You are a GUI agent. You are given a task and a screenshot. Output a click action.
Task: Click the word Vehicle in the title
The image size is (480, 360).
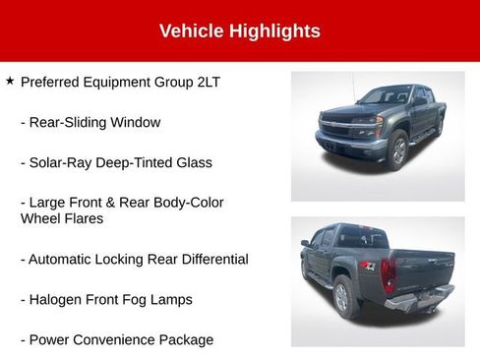tap(191, 30)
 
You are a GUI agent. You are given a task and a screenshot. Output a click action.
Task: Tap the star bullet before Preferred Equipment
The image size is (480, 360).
tap(9, 81)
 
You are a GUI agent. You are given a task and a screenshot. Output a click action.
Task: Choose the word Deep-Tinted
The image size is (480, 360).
tap(132, 162)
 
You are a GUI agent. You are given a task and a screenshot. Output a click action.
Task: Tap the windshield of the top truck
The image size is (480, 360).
tap(386, 95)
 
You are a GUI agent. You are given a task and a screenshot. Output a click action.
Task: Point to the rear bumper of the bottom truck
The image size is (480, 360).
tap(421, 299)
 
